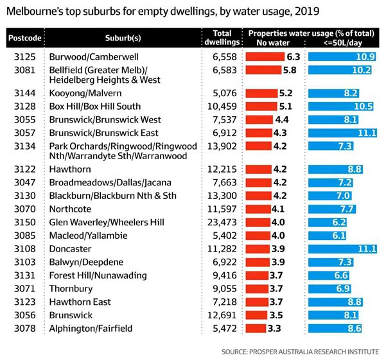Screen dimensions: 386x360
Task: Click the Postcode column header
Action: [25, 38]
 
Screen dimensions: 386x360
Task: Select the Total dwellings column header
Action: [222, 38]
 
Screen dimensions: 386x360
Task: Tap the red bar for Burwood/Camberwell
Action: [265, 57]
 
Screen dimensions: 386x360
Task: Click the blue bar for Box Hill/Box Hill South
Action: [341, 107]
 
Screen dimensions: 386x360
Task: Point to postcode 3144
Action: [25, 93]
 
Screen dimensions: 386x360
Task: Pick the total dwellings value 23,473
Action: [222, 222]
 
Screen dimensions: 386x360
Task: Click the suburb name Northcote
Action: [70, 209]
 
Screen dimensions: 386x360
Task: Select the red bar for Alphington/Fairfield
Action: [256, 329]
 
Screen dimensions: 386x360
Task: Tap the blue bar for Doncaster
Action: [343, 249]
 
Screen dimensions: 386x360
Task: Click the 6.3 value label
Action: [294, 57]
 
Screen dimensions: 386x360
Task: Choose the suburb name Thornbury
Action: [71, 289]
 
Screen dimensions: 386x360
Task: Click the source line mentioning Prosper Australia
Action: [300, 352]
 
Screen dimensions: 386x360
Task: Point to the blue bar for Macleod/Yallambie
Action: [327, 236]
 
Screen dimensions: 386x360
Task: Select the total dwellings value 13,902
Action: [222, 146]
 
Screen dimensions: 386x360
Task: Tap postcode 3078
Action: [25, 329]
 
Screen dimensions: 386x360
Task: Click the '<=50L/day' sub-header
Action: [343, 43]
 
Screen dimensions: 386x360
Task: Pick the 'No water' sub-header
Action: [273, 43]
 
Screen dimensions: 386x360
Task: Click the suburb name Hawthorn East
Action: [80, 302]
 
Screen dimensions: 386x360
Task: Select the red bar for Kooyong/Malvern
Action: [261, 93]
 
